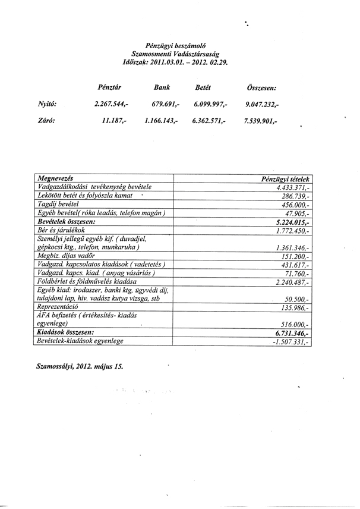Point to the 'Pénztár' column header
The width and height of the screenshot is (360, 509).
109,87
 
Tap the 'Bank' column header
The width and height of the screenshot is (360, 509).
162,87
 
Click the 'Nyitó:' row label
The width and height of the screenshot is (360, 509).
46,103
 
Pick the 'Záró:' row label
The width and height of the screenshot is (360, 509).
46,120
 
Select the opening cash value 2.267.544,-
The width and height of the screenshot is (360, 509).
111,104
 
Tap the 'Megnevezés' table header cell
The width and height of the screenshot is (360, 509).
55,178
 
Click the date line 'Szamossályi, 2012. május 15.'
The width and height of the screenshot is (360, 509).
80,366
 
